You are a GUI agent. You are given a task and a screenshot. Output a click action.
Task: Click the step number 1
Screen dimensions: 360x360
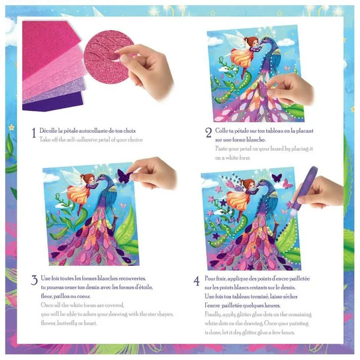coord(34,133)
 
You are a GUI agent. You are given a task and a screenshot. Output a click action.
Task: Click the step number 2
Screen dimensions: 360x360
coord(208,133)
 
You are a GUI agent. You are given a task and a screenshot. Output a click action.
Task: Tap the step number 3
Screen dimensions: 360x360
coord(34,280)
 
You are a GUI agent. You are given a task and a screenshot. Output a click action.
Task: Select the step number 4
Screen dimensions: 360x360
coord(197,281)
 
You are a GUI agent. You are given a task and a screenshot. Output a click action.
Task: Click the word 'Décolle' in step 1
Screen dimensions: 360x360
coord(48,131)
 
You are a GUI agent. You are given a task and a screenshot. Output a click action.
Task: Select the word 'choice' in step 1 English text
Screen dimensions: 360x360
coord(135,140)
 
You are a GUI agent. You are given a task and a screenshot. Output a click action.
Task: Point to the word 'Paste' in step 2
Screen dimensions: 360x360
coord(221,149)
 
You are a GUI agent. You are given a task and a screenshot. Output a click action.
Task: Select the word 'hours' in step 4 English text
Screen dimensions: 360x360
coord(288,332)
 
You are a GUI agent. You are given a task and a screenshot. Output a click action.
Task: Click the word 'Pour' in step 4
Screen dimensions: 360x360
coord(210,279)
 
